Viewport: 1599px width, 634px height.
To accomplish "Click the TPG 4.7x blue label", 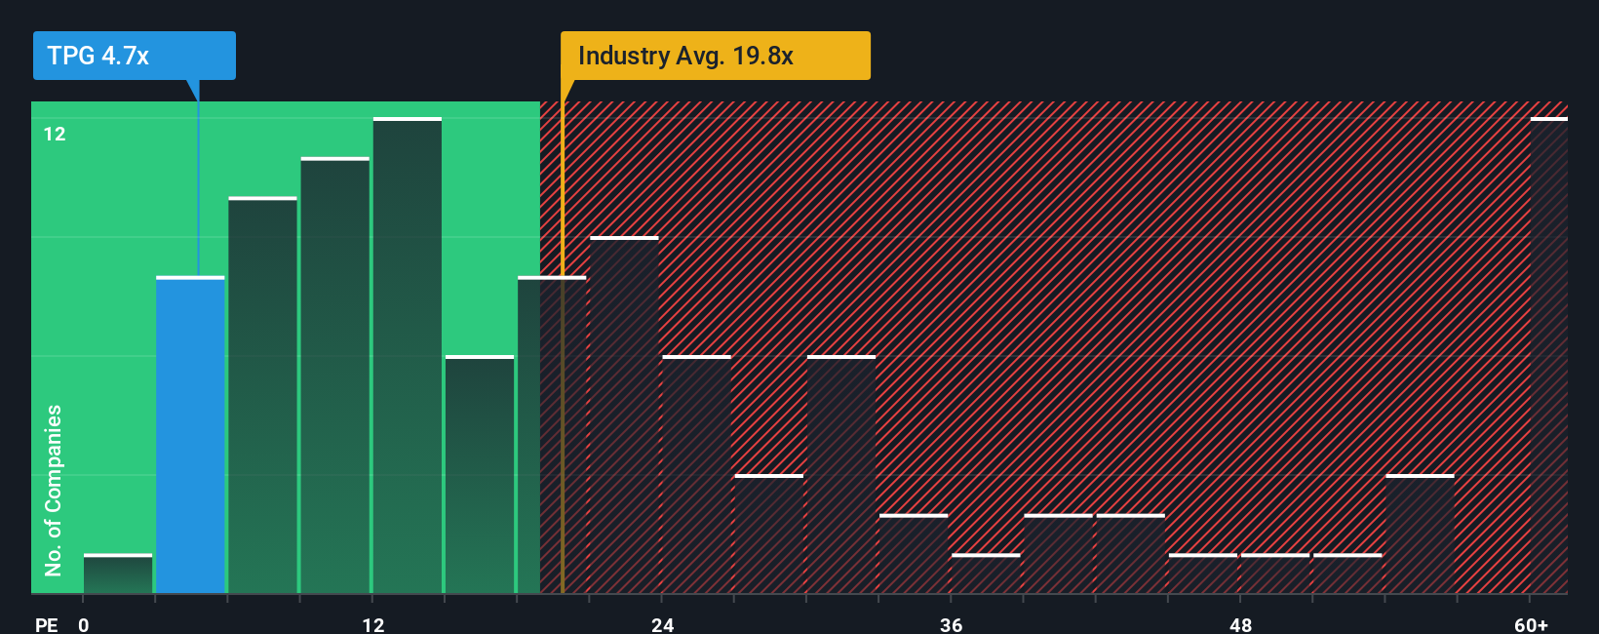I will [134, 56].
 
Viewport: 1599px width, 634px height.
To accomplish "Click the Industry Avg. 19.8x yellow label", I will [714, 56].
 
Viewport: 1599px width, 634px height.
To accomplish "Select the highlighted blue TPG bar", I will [190, 435].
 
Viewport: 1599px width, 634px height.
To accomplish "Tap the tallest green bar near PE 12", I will [407, 356].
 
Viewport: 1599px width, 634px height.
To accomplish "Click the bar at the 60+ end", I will [1548, 356].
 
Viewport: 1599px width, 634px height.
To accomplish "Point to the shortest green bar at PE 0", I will [118, 574].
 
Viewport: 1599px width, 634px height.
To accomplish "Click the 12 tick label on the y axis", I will [55, 134].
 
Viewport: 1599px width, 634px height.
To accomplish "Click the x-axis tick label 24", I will [662, 624].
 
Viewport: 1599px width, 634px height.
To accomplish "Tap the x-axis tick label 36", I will [951, 624].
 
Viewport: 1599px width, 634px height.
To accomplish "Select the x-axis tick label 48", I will [1240, 624].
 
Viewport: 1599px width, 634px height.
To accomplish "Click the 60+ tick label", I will [1531, 624].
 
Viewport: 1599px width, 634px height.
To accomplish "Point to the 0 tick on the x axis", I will [84, 624].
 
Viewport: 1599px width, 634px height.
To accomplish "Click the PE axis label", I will [46, 624].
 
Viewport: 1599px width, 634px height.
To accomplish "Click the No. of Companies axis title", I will [54, 490].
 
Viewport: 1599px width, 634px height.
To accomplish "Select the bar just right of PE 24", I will [696, 475].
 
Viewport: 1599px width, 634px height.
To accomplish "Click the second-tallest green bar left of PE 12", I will [334, 376].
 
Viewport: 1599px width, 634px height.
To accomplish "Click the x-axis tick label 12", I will [372, 624].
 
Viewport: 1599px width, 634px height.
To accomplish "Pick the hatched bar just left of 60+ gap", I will [1420, 535].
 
